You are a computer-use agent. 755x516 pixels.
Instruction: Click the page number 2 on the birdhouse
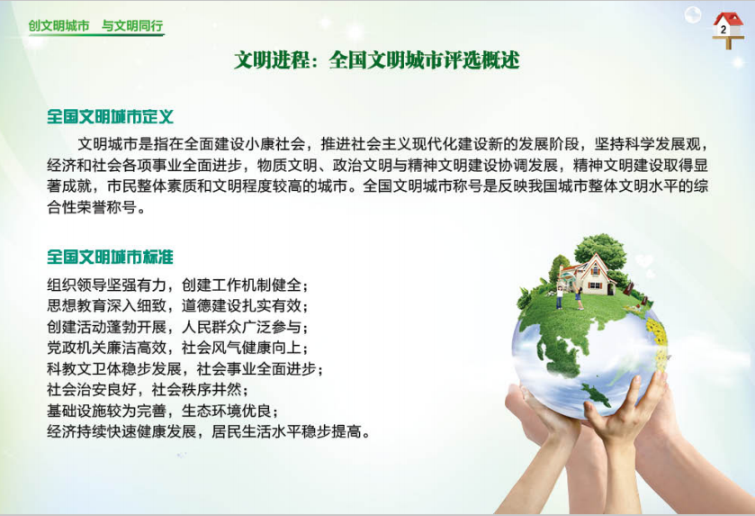point(724,30)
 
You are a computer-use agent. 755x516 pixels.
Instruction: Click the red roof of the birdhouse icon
point(729,19)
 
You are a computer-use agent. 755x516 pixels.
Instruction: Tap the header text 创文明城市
point(58,25)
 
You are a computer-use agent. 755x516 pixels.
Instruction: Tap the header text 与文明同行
point(132,25)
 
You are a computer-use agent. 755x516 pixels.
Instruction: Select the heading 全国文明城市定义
point(110,116)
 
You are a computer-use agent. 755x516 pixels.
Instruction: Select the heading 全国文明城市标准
point(110,257)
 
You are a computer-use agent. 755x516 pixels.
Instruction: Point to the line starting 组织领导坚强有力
point(177,285)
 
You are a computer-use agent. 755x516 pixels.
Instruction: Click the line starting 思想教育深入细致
point(177,305)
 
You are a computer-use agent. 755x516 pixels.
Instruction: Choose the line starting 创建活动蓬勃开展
point(177,327)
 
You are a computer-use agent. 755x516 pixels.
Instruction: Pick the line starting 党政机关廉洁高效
point(177,348)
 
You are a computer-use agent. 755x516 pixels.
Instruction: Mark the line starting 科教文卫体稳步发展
point(184,368)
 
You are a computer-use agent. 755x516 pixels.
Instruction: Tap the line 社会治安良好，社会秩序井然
point(148,389)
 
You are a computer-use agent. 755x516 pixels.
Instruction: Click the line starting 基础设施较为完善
point(162,411)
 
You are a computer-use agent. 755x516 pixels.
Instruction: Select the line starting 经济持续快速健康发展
point(209,431)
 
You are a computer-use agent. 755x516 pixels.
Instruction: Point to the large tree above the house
point(600,249)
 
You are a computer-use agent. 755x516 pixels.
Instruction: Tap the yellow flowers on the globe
point(657,331)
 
